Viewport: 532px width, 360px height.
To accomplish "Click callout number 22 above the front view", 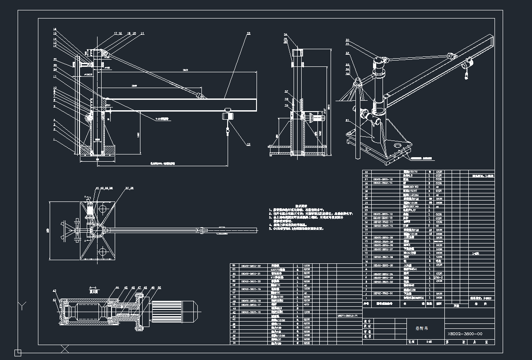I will [x=248, y=33].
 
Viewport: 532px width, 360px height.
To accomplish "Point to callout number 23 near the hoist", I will [x=248, y=144].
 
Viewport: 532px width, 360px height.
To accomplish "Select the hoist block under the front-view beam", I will [x=227, y=116].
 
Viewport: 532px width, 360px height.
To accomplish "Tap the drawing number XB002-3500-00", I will [x=465, y=334].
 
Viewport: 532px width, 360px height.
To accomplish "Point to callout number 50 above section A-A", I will [x=160, y=287].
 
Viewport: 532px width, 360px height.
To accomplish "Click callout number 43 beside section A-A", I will [x=55, y=291].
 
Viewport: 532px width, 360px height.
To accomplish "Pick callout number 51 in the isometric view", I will [x=347, y=120].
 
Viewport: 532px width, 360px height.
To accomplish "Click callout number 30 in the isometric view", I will [x=347, y=40].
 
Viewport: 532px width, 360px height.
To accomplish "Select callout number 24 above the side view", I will [x=286, y=34].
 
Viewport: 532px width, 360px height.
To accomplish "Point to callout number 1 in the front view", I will [x=54, y=140].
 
